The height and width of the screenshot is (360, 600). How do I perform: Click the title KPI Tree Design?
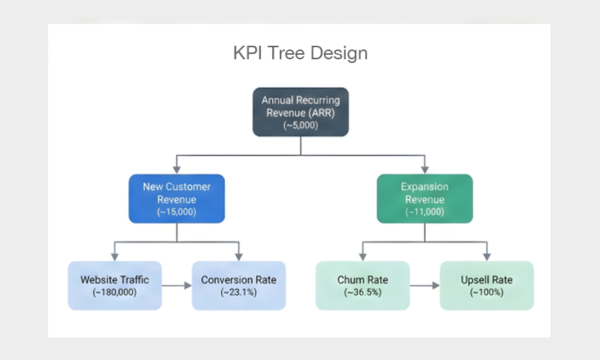[x=300, y=54]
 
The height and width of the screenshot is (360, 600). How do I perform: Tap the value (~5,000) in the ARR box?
[x=301, y=125]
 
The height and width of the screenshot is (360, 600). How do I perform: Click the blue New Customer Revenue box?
[x=176, y=199]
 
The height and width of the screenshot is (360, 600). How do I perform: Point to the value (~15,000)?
[x=176, y=212]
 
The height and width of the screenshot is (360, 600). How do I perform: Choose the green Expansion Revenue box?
[x=424, y=199]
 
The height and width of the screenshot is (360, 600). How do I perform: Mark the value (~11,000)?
[x=424, y=212]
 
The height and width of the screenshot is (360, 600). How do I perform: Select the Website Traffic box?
[x=115, y=285]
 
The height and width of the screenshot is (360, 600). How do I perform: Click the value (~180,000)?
[x=115, y=292]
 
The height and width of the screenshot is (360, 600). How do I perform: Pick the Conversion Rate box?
[x=238, y=285]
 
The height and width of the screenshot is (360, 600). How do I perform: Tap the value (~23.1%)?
[x=238, y=292]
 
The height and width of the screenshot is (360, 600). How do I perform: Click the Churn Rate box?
[x=362, y=285]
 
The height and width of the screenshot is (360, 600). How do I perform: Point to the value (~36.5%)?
[x=362, y=292]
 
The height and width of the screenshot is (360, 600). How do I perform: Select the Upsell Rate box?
[x=487, y=285]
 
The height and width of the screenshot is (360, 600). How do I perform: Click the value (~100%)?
[x=487, y=292]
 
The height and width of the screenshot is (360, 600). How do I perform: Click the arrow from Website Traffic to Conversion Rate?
[x=176, y=285]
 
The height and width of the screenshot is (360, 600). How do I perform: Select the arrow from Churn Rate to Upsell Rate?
[x=424, y=285]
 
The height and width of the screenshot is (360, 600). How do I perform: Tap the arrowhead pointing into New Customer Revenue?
[x=176, y=169]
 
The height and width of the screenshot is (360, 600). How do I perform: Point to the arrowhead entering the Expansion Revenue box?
[x=424, y=168]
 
